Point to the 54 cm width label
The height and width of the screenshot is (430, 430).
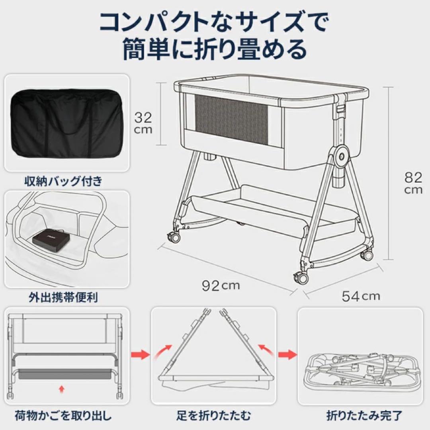pyautogui.click(x=360, y=296)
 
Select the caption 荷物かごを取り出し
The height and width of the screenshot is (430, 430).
pyautogui.click(x=63, y=416)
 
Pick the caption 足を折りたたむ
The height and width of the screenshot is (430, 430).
pyautogui.click(x=214, y=416)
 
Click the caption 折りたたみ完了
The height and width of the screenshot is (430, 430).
pyautogui.click(x=360, y=416)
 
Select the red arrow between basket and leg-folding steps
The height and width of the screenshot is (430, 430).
pyautogui.click(x=140, y=354)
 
